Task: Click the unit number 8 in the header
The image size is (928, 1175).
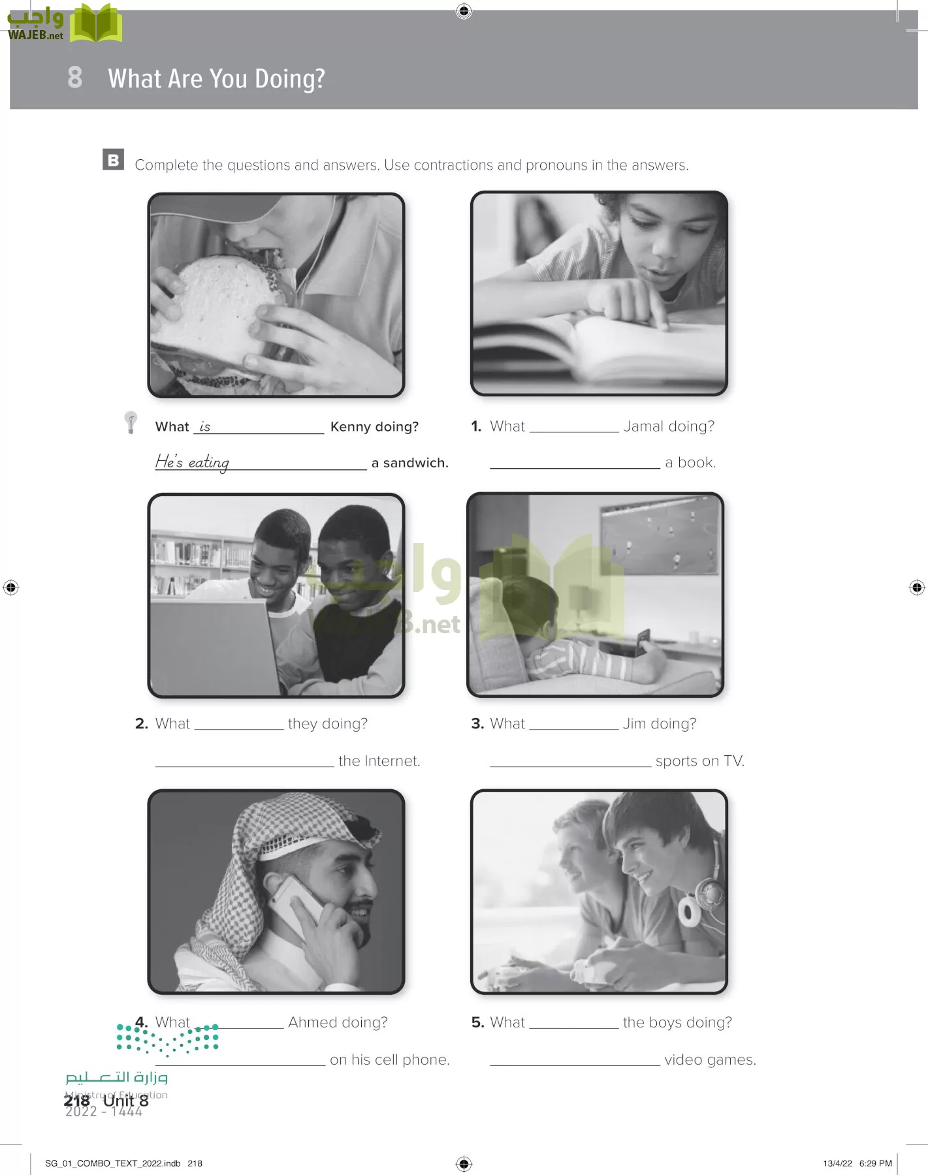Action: (75, 77)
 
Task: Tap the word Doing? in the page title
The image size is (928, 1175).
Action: (289, 79)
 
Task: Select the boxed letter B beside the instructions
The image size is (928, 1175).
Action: (113, 160)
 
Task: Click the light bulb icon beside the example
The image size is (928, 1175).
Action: (131, 422)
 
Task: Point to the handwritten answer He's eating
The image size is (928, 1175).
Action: (192, 462)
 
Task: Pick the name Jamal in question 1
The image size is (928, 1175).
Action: (643, 426)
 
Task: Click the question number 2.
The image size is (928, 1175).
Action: (142, 723)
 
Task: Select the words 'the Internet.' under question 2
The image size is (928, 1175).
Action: (379, 760)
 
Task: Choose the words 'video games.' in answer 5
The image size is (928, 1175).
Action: (710, 1060)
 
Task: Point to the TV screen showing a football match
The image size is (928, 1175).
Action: (659, 535)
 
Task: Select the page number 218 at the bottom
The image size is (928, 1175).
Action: (77, 1101)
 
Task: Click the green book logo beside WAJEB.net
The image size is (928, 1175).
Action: (96, 23)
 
